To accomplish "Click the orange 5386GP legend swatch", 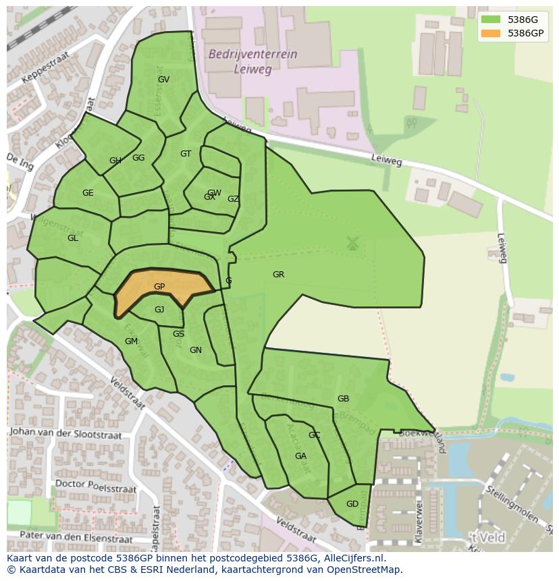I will click(x=491, y=33).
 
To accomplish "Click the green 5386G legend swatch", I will click(x=491, y=20).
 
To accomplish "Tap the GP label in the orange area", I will click(x=159, y=287).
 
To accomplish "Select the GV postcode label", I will click(x=163, y=80).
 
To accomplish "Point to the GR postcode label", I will click(x=278, y=275).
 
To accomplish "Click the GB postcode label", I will click(x=343, y=399).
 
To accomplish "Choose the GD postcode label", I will click(x=352, y=504).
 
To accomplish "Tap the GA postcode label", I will click(x=300, y=456).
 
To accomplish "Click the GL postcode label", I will click(x=73, y=238).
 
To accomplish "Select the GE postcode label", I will click(x=88, y=193).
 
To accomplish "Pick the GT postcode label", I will click(x=186, y=154).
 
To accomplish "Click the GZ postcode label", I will click(x=233, y=199).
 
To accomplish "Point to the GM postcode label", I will click(x=131, y=341).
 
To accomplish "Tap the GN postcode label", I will click(x=196, y=350).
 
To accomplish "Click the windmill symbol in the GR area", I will click(x=352, y=243).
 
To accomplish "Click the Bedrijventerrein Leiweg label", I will click(x=252, y=61).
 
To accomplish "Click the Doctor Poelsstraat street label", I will click(x=95, y=486).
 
